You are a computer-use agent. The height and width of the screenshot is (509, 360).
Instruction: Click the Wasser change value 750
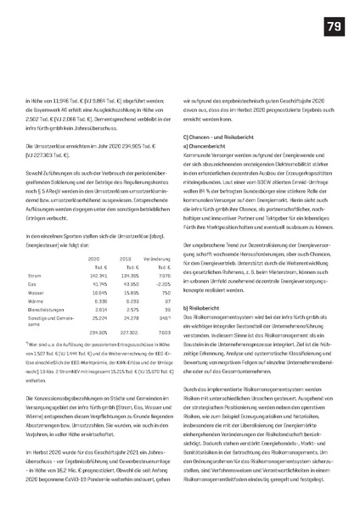click(166, 270)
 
